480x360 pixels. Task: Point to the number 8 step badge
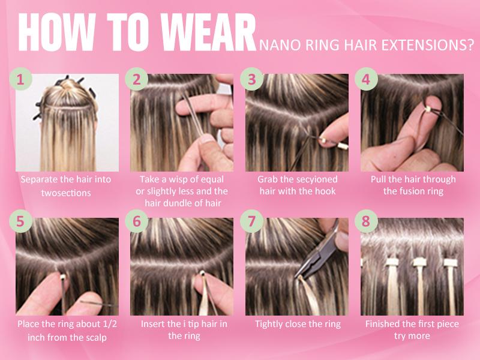click(367, 222)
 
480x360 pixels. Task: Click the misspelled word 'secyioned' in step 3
click(313, 179)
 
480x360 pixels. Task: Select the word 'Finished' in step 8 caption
click(385, 324)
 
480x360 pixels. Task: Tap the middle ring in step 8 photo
click(418, 262)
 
